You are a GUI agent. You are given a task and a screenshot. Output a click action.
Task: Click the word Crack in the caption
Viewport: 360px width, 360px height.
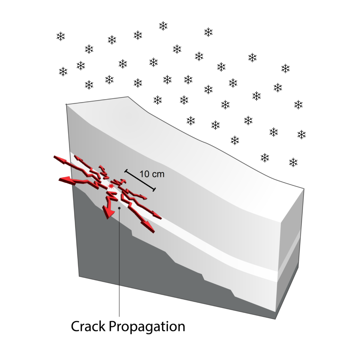[88, 326]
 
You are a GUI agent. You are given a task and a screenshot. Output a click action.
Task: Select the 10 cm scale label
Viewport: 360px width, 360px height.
[152, 174]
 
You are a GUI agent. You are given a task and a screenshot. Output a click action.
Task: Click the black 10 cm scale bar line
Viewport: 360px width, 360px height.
[140, 180]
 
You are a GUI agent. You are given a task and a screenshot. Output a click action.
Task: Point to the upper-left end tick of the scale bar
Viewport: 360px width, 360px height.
[126, 171]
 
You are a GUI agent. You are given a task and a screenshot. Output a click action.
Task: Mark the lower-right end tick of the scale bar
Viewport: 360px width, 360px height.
[154, 189]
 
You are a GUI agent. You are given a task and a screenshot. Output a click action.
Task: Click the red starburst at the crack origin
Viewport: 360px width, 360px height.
[111, 187]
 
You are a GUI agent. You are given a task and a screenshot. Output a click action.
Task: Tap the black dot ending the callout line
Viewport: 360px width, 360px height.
[119, 208]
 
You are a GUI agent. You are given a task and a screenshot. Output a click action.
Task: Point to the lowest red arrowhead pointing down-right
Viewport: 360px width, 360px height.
[150, 228]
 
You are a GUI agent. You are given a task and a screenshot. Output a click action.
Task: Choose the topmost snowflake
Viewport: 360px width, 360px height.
[163, 26]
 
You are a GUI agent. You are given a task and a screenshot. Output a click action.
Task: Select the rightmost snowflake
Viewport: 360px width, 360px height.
[301, 134]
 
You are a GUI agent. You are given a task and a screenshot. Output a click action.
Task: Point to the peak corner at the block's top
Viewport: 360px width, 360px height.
[128, 97]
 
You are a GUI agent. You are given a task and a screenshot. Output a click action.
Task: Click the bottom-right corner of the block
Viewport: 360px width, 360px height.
[275, 319]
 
